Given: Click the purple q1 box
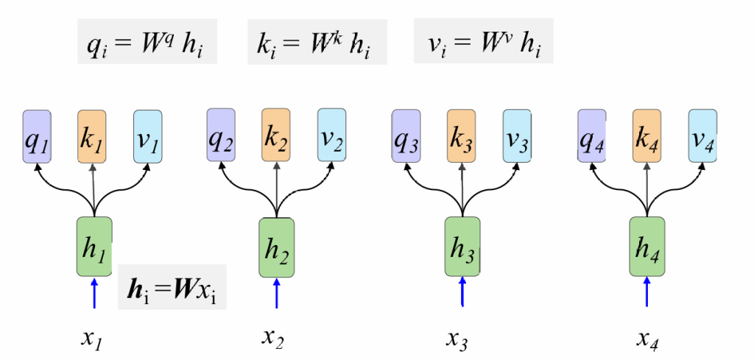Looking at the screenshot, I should (36, 137).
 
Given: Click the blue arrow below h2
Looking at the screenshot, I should (277, 292).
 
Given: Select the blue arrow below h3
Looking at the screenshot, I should (462, 292).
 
